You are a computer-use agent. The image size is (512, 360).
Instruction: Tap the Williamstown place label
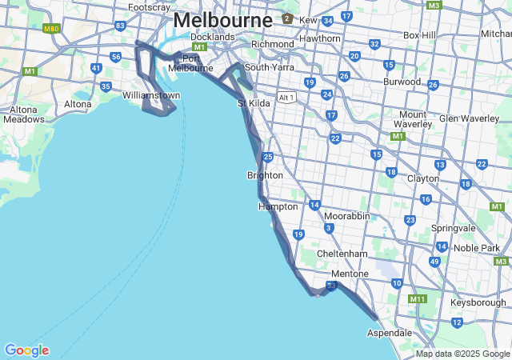point(151,95)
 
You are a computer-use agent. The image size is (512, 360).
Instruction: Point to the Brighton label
point(265,175)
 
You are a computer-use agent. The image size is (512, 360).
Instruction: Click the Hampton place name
point(278,206)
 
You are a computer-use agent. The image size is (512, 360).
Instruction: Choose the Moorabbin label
point(346,216)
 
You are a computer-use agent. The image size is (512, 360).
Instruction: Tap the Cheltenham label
point(342,254)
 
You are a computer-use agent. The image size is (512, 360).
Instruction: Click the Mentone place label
point(350,274)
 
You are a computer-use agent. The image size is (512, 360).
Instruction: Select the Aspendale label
point(390,332)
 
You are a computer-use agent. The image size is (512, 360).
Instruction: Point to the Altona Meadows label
point(24,114)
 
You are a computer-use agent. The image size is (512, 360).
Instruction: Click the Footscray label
point(149,7)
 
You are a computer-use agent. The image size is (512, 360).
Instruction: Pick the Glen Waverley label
point(469,118)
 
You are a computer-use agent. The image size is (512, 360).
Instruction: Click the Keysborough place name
point(478,303)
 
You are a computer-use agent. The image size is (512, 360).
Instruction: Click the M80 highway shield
point(52,29)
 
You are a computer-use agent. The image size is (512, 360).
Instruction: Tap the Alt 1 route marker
point(286,97)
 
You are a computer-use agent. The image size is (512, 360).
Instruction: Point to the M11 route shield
point(418,299)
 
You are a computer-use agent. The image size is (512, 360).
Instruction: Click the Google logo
point(26,350)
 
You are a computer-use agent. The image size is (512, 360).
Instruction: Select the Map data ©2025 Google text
point(462,354)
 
